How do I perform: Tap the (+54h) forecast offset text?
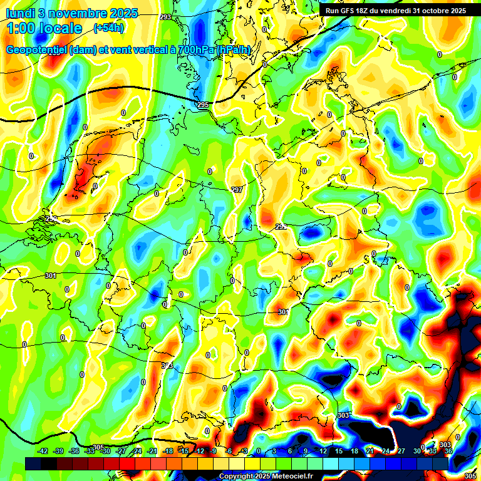point(108,28)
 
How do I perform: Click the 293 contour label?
point(165,17)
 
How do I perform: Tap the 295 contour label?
point(202,104)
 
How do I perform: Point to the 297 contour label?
point(236,190)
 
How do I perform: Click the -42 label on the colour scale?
point(43,451)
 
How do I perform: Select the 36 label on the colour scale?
point(448,451)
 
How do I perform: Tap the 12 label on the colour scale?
point(323,451)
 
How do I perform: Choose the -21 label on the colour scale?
point(152,451)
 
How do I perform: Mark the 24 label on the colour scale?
point(385,451)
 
